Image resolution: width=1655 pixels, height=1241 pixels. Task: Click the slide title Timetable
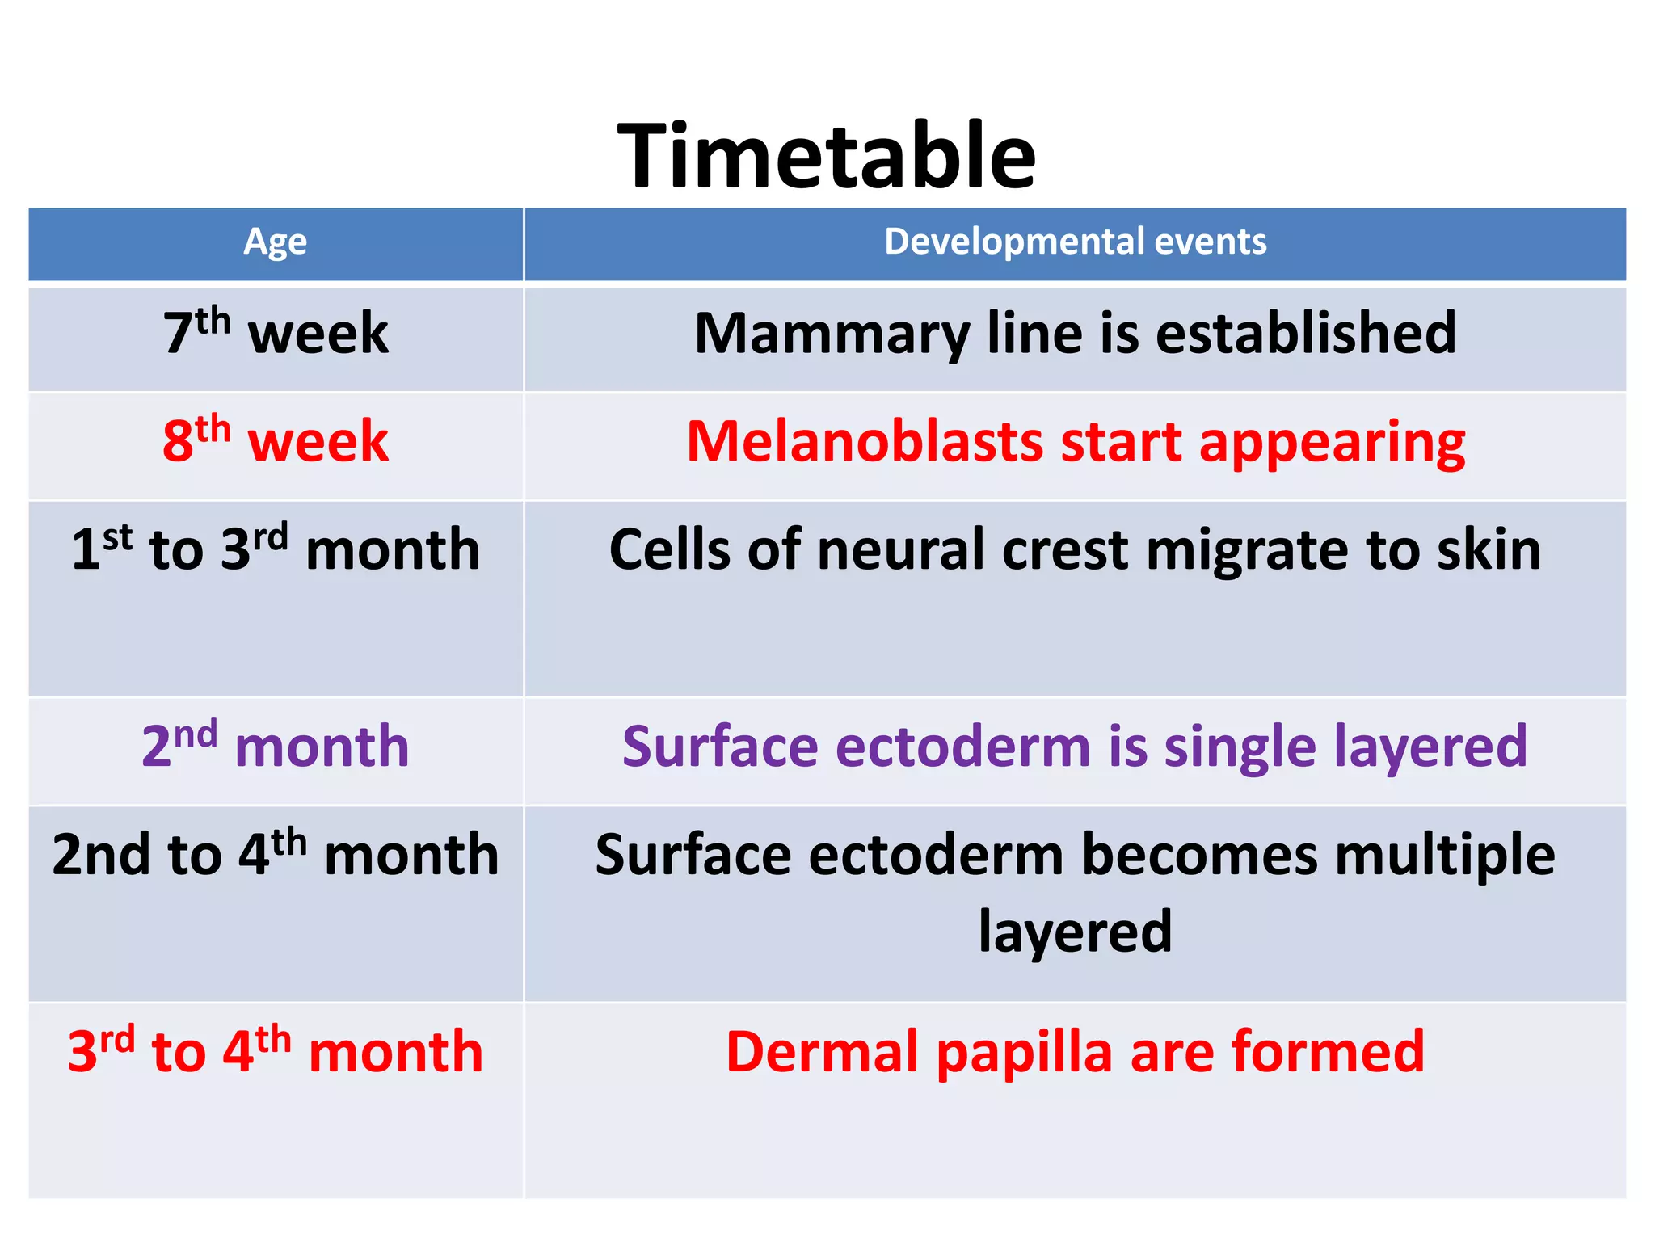point(826,155)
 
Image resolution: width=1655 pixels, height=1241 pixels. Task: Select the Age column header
point(275,242)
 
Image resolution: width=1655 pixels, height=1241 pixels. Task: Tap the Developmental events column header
point(1075,242)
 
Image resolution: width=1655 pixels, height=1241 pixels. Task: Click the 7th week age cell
point(276,333)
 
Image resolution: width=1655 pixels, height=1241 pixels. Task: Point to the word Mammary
point(832,334)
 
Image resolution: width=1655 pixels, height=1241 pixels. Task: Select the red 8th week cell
point(276,441)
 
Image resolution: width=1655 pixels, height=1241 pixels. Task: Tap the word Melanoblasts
point(865,442)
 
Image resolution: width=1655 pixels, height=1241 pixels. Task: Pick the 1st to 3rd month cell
point(276,549)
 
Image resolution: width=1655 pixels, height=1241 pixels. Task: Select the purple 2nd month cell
point(276,746)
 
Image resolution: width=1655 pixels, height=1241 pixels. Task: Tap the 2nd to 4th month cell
point(276,855)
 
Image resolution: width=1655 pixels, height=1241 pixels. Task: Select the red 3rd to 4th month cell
point(276,1052)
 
